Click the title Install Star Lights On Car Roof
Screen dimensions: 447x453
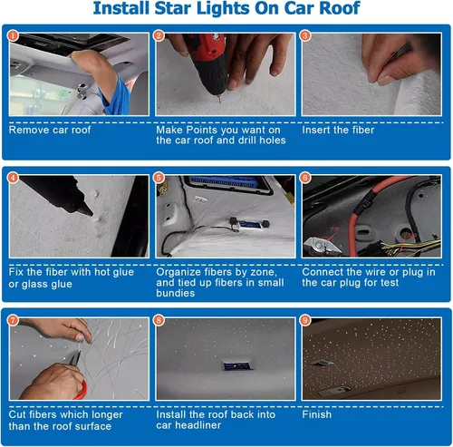(226, 11)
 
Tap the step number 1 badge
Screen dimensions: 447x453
(13, 36)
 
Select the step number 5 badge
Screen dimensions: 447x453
(159, 178)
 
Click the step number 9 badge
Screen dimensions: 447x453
(305, 320)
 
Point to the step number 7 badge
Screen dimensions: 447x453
(13, 320)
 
